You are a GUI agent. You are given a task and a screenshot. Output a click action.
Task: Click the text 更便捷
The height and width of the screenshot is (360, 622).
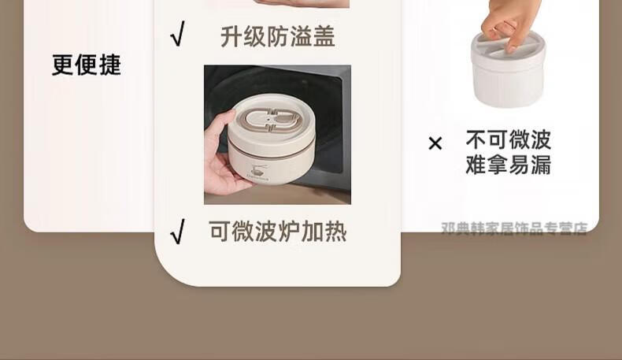87,65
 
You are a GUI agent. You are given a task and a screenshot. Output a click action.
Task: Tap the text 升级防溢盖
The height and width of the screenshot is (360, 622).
278,36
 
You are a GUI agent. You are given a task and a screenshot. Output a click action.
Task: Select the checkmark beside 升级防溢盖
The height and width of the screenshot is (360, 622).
178,34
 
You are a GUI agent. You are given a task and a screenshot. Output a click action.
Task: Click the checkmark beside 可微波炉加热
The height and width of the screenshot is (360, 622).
178,232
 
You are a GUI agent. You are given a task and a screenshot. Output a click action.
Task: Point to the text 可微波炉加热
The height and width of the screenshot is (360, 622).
278,232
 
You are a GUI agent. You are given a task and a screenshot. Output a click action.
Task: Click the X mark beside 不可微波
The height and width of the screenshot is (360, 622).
435,143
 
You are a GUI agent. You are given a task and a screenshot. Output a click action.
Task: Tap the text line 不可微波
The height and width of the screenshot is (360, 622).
509,139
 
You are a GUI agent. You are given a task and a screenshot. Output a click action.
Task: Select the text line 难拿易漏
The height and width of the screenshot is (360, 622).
509,165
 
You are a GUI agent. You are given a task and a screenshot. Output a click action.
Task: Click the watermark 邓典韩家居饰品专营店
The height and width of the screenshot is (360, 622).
514,228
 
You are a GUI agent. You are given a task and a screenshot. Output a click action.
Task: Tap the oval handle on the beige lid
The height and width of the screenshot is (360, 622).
272,118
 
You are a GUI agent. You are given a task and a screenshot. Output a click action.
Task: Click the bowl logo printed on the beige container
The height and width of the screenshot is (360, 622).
257,171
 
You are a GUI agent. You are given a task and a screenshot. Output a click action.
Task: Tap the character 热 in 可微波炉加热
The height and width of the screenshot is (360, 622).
335,232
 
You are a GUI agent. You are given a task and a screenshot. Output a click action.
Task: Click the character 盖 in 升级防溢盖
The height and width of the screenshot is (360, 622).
324,36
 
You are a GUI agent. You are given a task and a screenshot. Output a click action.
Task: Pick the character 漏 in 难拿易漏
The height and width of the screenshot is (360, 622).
541,165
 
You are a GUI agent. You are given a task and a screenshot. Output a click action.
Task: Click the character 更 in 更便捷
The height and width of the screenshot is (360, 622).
63,65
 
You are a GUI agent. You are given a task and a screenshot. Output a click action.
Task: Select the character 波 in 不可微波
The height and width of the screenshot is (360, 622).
541,139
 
